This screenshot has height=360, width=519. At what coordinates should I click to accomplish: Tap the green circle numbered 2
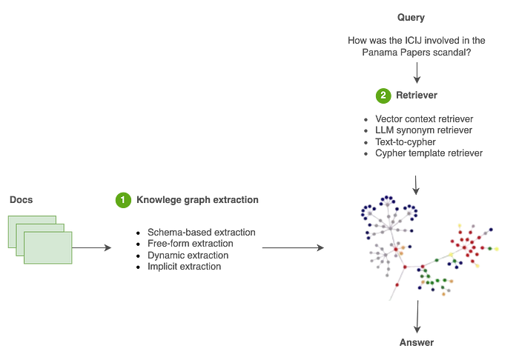click(383, 95)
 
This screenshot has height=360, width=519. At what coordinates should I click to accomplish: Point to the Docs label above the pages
click(22, 199)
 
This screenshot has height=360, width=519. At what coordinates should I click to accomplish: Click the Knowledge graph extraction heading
click(197, 199)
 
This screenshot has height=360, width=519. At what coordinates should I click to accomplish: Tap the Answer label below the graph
click(415, 343)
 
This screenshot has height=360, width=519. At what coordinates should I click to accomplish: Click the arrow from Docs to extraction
click(93, 247)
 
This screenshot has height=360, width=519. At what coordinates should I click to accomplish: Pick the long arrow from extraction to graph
click(293, 247)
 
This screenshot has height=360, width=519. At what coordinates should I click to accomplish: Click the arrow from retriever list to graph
click(416, 182)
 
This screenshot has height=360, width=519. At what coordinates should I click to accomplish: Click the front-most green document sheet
click(48, 247)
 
